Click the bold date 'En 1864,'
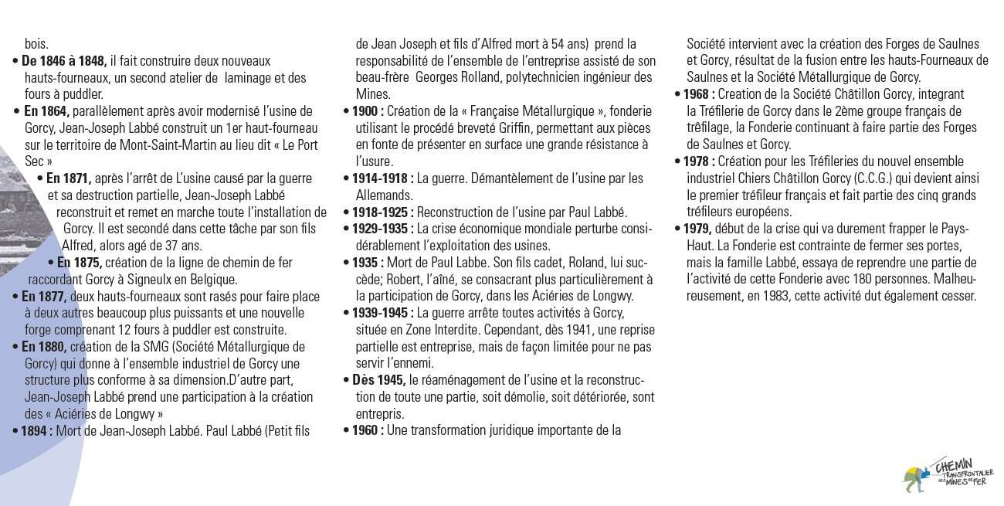point(47,111)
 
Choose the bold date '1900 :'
point(368,111)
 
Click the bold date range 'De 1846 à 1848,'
point(64,61)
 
